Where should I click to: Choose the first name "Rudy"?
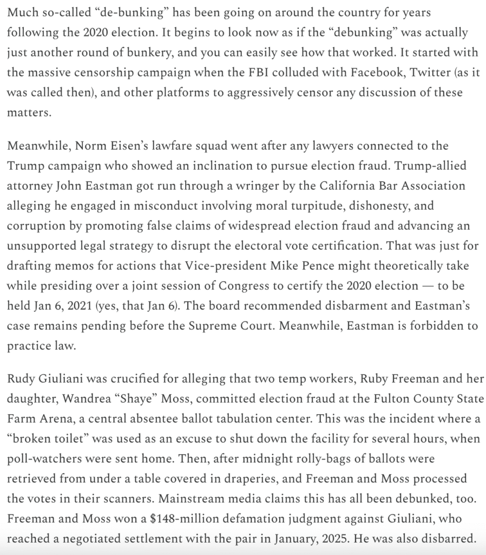point(22,379)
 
